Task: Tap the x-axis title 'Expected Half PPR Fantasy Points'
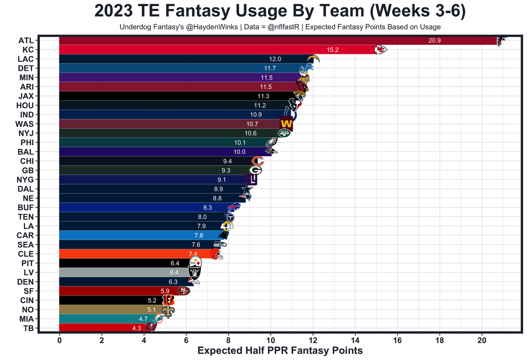coord(280,351)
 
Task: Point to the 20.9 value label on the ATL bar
coord(434,40)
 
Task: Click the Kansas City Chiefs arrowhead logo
coord(380,50)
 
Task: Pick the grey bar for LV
coord(124,272)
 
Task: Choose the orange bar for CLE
coord(124,254)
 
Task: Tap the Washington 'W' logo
coord(286,124)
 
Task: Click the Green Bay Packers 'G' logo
coord(255,170)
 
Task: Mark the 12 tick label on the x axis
coord(313,341)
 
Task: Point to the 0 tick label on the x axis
coord(60,341)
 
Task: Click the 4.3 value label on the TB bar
coord(137,328)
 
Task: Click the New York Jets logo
coord(284,133)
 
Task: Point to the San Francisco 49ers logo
coord(183,291)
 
